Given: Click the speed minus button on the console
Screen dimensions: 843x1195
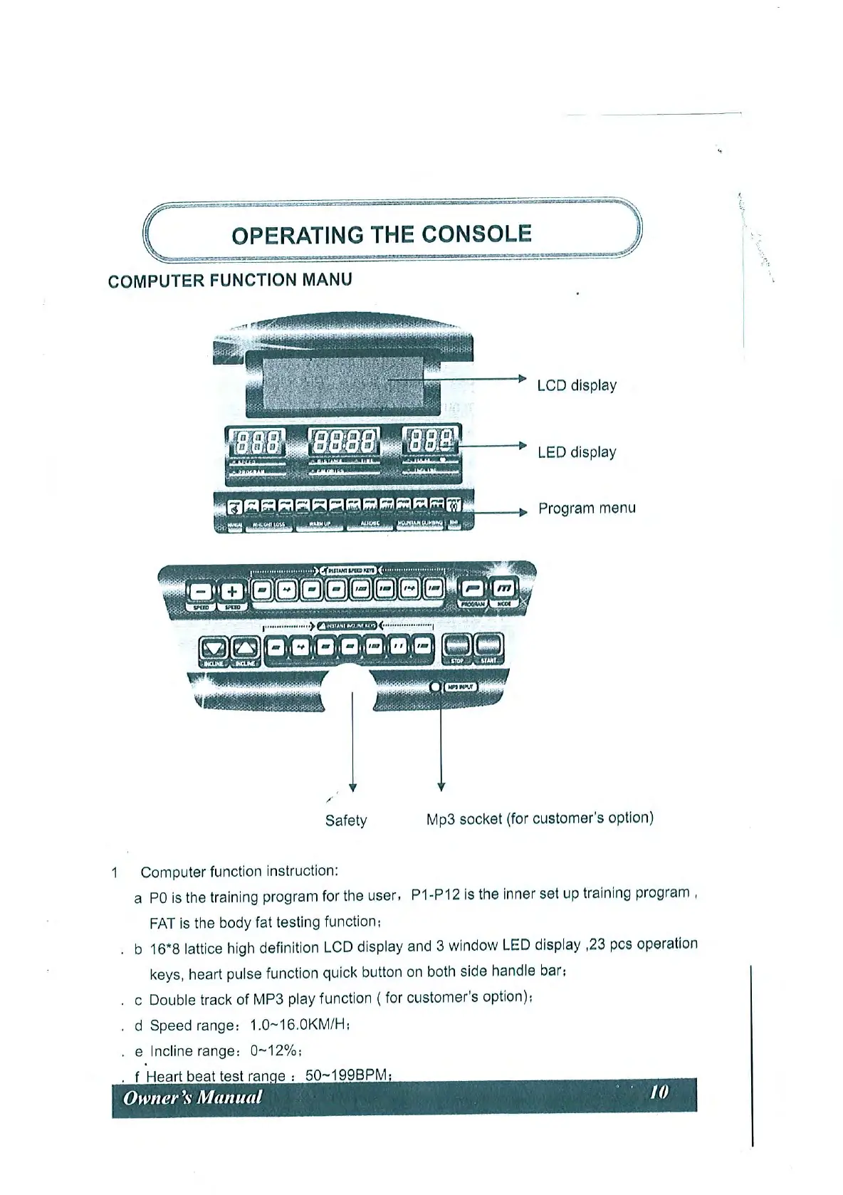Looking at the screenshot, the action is pyautogui.click(x=201, y=591).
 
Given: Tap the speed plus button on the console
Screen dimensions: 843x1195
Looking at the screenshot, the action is pyautogui.click(x=231, y=591).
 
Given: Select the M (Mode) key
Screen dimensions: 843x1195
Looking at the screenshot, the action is pyautogui.click(x=504, y=588).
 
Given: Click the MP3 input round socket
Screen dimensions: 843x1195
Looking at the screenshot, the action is pyautogui.click(x=436, y=687).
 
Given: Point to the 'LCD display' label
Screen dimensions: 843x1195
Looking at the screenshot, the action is pyautogui.click(x=577, y=385).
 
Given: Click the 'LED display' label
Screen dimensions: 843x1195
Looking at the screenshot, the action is pyautogui.click(x=577, y=452).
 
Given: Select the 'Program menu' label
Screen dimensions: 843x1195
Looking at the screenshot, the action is pyautogui.click(x=587, y=508).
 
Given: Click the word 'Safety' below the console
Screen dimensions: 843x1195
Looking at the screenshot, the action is pyautogui.click(x=346, y=820).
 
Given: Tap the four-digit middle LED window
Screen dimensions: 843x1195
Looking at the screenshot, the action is pyautogui.click(x=345, y=444).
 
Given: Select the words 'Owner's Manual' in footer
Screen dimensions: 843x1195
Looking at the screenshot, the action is pyautogui.click(x=192, y=1097).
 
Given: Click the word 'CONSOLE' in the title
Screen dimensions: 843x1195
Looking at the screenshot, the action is pyautogui.click(x=476, y=234).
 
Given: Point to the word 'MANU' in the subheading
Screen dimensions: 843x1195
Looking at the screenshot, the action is pyautogui.click(x=327, y=279).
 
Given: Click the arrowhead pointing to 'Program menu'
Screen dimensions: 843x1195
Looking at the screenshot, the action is pyautogui.click(x=523, y=512).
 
